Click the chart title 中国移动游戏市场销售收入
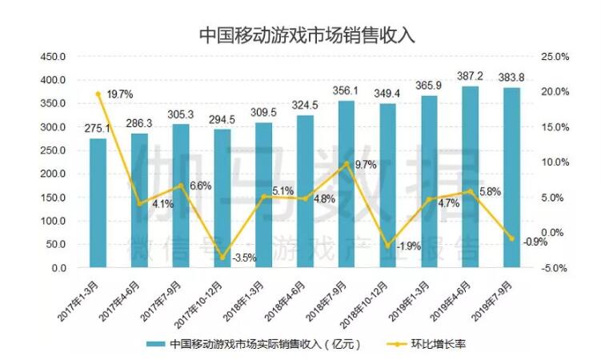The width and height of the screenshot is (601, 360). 301,35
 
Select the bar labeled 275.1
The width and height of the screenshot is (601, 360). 98,203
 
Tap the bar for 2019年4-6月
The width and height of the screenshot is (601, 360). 471,177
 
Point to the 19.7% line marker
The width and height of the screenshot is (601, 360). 98,94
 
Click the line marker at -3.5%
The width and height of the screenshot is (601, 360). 222,257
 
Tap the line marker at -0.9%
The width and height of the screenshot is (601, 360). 512,238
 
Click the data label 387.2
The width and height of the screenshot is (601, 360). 471,75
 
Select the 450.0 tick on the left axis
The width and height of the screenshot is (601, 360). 54,57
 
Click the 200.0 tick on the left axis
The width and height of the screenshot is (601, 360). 54,174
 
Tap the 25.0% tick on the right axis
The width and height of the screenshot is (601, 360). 554,57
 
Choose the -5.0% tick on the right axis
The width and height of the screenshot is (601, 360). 554,268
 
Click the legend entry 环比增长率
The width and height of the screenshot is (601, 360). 433,344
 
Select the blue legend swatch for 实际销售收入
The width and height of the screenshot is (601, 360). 154,344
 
